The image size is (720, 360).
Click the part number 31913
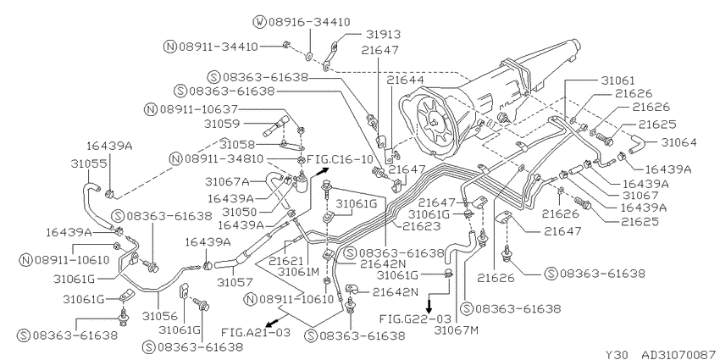pos(384,35)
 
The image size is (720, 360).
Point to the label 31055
pos(88,163)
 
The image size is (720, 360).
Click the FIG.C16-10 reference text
pos(340,160)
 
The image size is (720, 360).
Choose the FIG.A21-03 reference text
pos(256,332)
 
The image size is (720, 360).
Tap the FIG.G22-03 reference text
pos(415,318)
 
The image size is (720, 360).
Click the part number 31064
pos(679,142)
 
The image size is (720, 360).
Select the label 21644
pos(404,80)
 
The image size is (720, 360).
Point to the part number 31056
pos(159,316)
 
